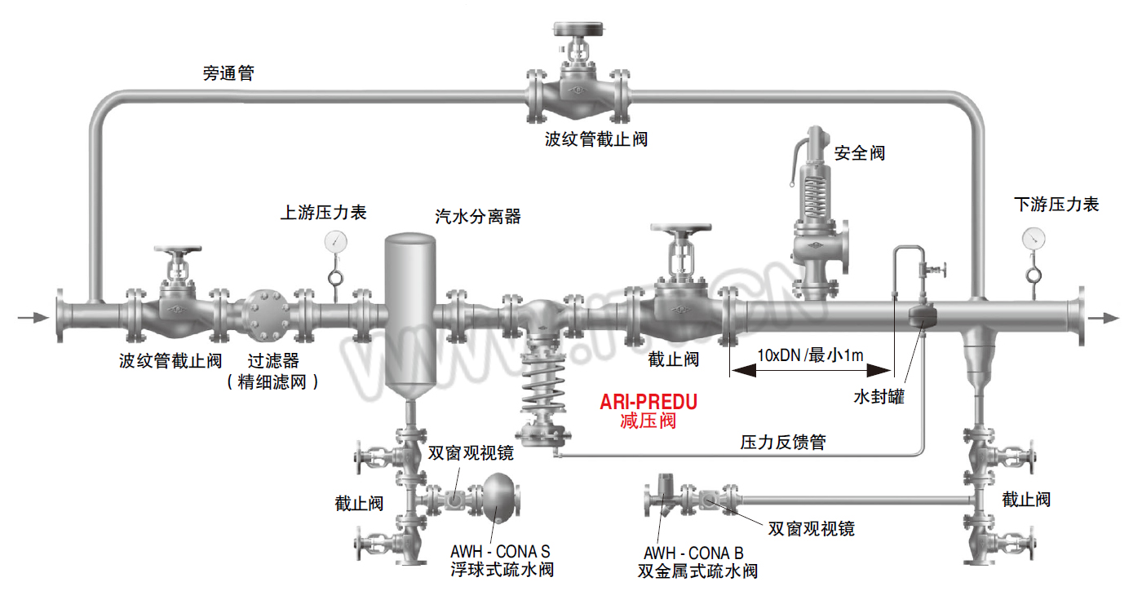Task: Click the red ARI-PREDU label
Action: coord(648,402)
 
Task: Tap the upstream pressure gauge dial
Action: coord(335,242)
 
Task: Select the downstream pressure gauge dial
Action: coord(1034,239)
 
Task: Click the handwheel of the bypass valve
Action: coord(578,28)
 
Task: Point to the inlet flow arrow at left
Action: coord(33,318)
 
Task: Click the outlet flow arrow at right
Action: coord(1104,319)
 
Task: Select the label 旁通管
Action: coord(228,73)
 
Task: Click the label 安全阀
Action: coord(860,153)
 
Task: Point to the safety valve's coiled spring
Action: coord(815,195)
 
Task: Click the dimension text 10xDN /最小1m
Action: coord(810,355)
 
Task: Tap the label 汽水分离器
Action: coord(478,217)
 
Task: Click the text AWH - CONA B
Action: coord(693,553)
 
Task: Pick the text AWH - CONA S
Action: coord(500,551)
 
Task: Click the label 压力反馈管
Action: coord(783,442)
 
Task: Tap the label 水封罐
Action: coord(879,396)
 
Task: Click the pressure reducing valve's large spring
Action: coord(543,381)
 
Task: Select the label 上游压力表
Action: coord(323,213)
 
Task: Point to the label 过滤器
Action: coord(273,361)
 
